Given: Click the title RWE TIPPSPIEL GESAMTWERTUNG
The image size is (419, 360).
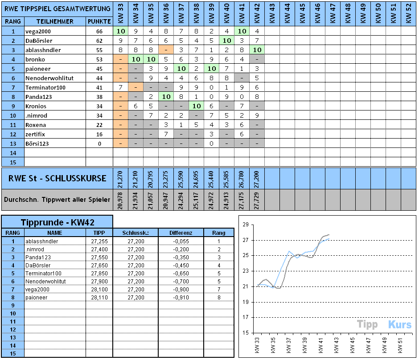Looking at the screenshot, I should tap(57, 8).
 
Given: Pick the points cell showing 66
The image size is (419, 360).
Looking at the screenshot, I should tap(99, 31).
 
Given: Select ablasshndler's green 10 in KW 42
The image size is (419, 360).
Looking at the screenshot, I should tap(257, 50).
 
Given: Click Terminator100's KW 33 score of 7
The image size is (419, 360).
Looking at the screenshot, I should tap(120, 87).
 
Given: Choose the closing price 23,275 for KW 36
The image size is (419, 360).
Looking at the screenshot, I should tap(166, 179).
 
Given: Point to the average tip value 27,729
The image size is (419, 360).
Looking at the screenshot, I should tap(257, 200).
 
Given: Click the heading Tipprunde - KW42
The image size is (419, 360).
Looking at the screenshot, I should tap(57, 222).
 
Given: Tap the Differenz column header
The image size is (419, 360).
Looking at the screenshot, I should tap(181, 233).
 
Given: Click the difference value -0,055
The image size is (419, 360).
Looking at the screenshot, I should tap(181, 241).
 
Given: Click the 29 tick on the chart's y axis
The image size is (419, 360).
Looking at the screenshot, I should tap(245, 225).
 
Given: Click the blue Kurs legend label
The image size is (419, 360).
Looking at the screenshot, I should tap(399, 324).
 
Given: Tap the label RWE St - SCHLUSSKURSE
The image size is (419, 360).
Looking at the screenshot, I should tap(58, 179).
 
